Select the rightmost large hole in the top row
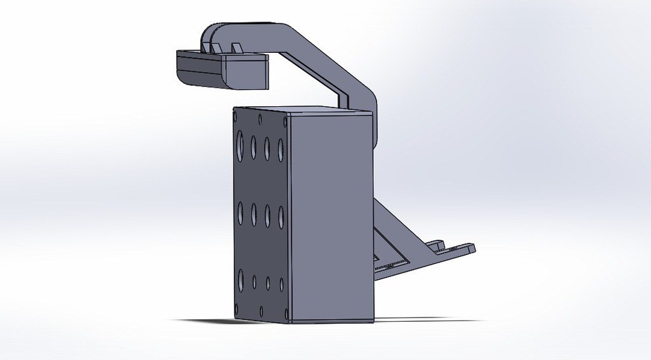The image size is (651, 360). (x=280, y=148)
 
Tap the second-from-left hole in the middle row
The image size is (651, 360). (x=254, y=214)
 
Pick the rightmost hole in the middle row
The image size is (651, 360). (x=280, y=216)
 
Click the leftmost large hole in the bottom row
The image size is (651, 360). (x=240, y=280)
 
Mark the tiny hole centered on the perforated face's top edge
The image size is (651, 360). (x=260, y=118)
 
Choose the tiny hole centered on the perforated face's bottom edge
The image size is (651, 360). (x=261, y=312)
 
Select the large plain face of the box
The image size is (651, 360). (x=331, y=216)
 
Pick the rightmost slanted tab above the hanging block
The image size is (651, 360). (x=237, y=48)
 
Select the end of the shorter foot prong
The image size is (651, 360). (x=437, y=244)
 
